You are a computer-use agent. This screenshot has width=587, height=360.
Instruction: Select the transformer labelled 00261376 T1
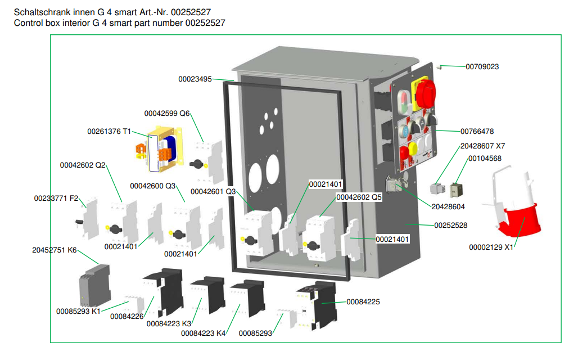coord(163,153)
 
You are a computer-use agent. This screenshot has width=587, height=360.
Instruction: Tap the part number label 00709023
coord(482,66)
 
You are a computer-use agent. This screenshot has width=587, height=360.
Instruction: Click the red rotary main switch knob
coord(425,93)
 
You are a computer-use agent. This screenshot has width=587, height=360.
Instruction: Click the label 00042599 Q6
coord(167,113)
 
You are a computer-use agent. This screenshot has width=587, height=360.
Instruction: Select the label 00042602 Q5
coord(359,197)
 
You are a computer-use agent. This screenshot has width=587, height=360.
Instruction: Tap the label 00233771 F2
coord(56,198)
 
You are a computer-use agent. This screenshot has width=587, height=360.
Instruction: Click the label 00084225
coord(363,302)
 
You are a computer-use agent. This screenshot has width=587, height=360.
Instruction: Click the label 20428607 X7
coord(482,146)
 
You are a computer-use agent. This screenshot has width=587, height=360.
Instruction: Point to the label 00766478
coord(477,132)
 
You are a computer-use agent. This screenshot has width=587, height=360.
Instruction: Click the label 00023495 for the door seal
coord(195,79)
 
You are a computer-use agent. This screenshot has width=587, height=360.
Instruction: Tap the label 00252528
coord(450,225)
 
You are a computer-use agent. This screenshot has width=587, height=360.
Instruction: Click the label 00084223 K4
coord(203,334)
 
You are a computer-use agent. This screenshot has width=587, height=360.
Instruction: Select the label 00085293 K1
coord(78,311)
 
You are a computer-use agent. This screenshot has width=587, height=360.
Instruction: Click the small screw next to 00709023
coord(441,67)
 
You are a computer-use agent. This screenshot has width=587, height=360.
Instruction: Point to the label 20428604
coord(448,207)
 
